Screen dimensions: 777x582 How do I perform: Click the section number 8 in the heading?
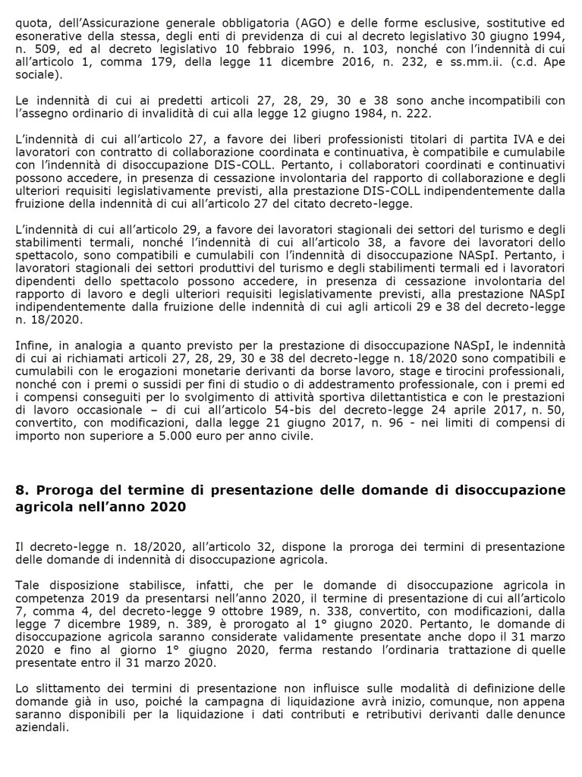[20, 490]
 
